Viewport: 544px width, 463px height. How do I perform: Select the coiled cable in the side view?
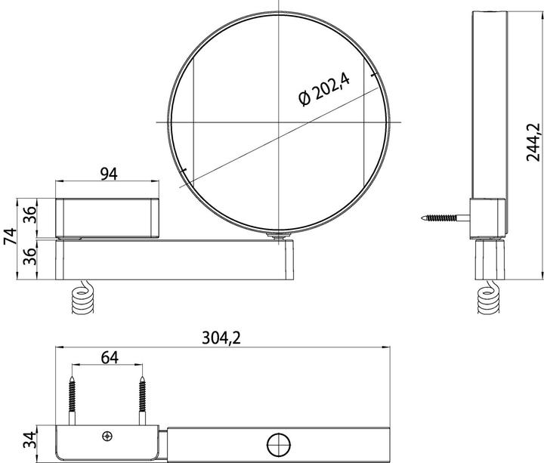click(x=487, y=298)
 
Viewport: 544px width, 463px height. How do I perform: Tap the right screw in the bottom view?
click(x=141, y=396)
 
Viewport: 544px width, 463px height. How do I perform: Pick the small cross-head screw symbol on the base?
click(x=107, y=436)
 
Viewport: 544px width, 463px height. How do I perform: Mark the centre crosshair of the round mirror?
click(x=279, y=122)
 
